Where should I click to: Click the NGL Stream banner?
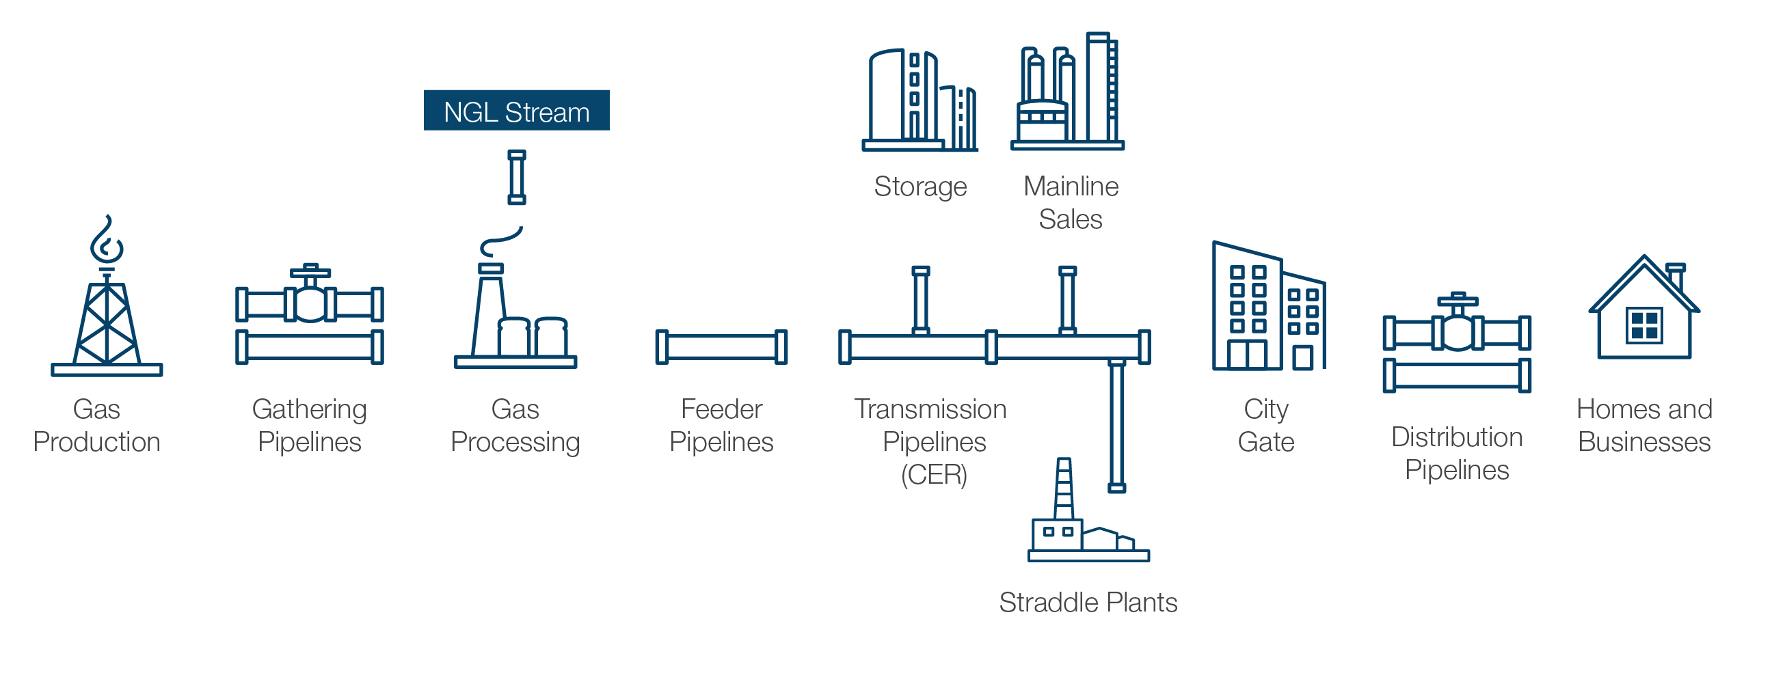coord(516,111)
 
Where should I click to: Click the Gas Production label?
coord(96,426)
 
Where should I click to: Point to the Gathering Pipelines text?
coord(310,426)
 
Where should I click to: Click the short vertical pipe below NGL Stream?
coord(517,178)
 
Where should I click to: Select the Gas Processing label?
coord(515,426)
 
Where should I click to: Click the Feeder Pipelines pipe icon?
coord(721,347)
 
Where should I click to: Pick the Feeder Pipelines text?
coord(721,426)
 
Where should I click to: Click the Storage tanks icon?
coord(919,100)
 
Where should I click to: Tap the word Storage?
coord(919,187)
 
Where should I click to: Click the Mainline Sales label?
coord(1071,203)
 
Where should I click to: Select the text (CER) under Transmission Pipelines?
coord(933,474)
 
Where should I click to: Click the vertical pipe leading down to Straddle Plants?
coord(1116,426)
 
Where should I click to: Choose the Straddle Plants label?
coord(1088,602)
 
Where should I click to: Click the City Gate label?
coord(1265,426)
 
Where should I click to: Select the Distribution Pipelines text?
coord(1456,454)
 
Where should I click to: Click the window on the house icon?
coord(1643,325)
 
